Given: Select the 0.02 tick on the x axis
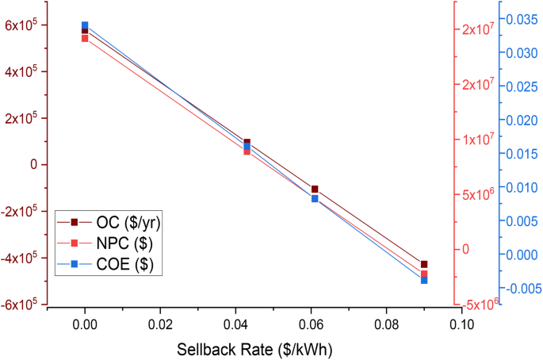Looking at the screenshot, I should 160,324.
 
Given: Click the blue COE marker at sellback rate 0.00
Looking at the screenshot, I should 85,25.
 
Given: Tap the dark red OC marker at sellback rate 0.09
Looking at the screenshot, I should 424,264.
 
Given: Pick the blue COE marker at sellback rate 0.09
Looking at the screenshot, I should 424,280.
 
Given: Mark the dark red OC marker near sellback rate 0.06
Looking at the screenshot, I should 315,189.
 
